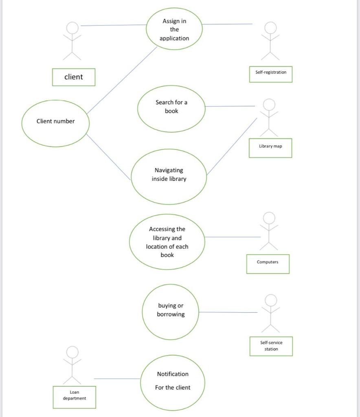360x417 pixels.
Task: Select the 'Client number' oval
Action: pyautogui.click(x=55, y=121)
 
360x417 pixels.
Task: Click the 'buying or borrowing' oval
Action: pyautogui.click(x=171, y=311)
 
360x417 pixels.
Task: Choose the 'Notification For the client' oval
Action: pyautogui.click(x=173, y=382)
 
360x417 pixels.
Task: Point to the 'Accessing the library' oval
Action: pyautogui.click(x=167, y=242)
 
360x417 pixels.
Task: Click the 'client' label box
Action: pyautogui.click(x=74, y=77)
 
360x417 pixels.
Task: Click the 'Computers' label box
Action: pyautogui.click(x=268, y=263)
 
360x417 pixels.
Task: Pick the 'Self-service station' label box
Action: pyautogui.click(x=271, y=346)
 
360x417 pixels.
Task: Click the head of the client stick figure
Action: pyautogui.click(x=72, y=28)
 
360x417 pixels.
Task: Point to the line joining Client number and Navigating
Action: pyautogui.click(x=108, y=157)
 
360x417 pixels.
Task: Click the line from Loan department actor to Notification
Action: pyautogui.click(x=117, y=379)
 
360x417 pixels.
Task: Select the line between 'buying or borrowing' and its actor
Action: pyautogui.click(x=228, y=312)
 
